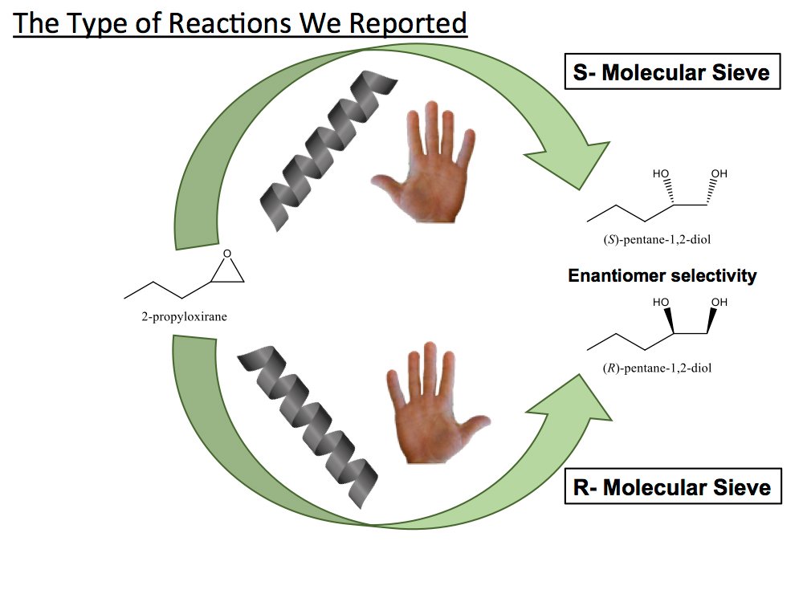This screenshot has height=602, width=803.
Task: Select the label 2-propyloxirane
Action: [184, 316]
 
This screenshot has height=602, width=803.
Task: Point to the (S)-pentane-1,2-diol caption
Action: [650, 240]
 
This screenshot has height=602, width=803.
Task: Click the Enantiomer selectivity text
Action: [662, 276]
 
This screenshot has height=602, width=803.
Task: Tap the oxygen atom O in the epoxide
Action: [227, 254]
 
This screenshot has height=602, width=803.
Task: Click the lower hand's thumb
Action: [476, 425]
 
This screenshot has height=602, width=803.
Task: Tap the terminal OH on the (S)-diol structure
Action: [719, 173]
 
